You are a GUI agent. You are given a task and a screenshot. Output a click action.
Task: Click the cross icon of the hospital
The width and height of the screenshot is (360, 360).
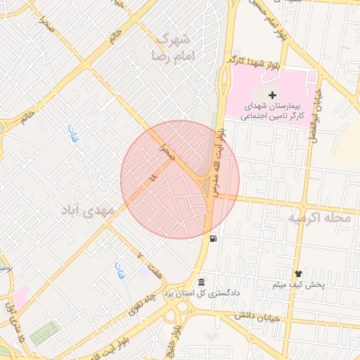[x=273, y=94]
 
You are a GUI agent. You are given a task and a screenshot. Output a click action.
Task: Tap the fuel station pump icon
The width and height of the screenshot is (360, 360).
[x=212, y=238]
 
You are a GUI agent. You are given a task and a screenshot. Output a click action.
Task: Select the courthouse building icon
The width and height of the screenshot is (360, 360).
[x=202, y=281]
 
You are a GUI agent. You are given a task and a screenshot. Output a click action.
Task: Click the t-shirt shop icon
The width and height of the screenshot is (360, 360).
[x=298, y=273]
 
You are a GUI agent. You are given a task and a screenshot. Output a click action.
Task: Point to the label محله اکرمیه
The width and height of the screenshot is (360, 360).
[x=319, y=219]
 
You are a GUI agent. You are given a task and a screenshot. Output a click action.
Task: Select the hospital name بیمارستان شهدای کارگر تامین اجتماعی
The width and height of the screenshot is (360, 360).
[x=273, y=112]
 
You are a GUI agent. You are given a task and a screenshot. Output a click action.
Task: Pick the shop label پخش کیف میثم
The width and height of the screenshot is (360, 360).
[x=297, y=285]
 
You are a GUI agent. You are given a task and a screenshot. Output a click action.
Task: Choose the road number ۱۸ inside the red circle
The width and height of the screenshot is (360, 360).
[x=155, y=179]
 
